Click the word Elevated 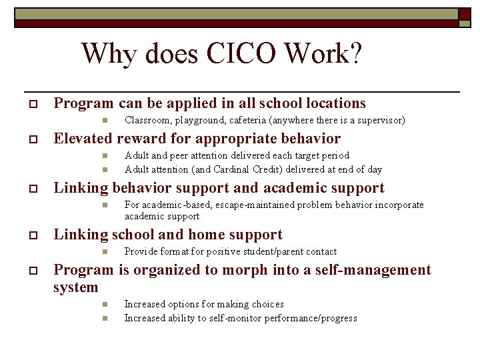[83, 139]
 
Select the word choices [266, 304]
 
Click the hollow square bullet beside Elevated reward [30, 140]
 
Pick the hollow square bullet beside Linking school [30, 236]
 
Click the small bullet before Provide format [105, 252]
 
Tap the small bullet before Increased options [105, 305]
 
